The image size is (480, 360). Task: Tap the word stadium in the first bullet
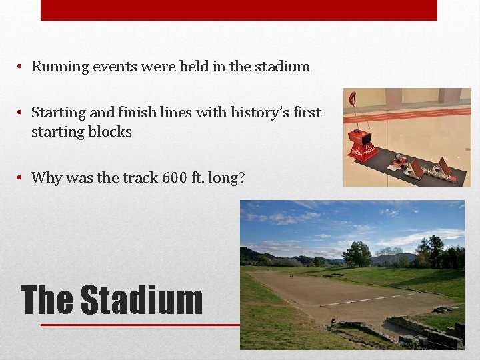(285, 67)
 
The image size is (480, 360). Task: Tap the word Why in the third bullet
(47, 177)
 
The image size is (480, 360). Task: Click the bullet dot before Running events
(21, 67)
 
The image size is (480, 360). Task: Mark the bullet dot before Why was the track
(21, 177)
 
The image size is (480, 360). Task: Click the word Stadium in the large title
(141, 301)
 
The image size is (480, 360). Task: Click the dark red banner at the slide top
(239, 10)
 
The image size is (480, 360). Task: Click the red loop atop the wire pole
(352, 99)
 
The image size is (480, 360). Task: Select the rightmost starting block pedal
(444, 171)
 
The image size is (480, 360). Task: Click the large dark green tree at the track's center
(357, 253)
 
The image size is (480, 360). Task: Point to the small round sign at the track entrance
(333, 321)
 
